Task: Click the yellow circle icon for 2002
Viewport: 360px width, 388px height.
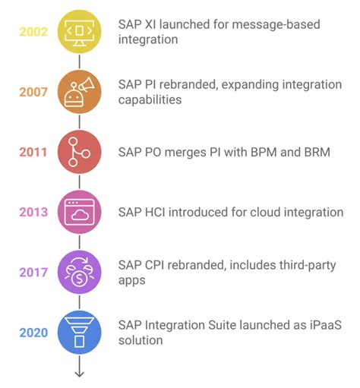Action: click(x=79, y=32)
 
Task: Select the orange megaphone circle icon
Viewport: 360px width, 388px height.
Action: click(x=79, y=92)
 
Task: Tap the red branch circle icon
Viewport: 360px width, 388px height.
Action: click(x=79, y=152)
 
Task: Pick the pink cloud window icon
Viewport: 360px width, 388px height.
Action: click(x=79, y=213)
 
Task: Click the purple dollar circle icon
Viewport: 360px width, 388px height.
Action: click(x=79, y=273)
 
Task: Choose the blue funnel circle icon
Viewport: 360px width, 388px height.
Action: click(x=79, y=333)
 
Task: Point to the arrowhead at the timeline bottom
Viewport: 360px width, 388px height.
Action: click(x=79, y=373)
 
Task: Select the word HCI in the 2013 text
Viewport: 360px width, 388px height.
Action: click(x=158, y=213)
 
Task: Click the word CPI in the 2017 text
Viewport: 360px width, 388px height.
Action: click(x=157, y=265)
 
